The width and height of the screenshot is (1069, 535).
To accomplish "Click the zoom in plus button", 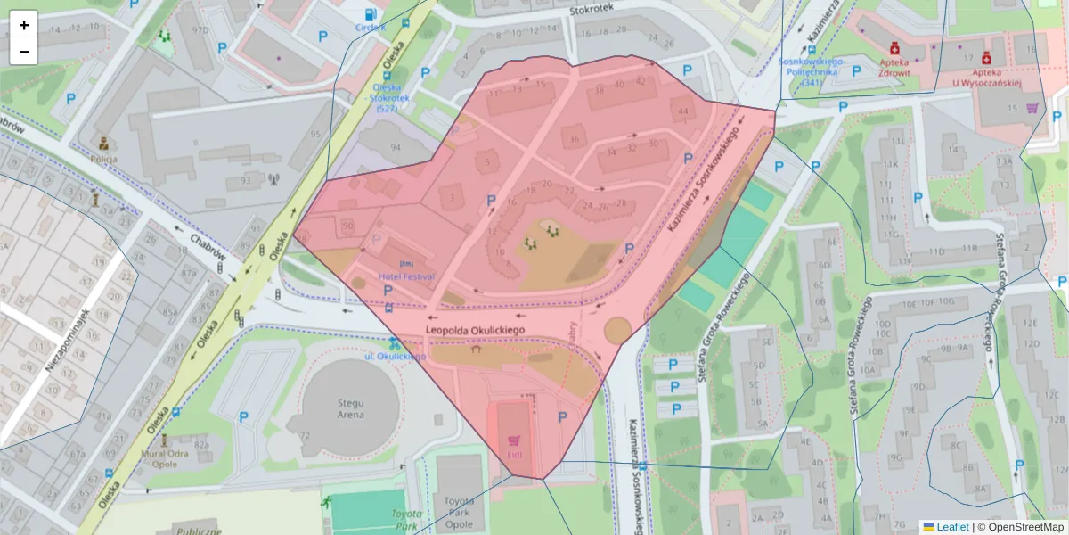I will coord(24,25).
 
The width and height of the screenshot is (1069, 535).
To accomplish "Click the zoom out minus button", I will coord(24,52).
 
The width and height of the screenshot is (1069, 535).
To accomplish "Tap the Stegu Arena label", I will coord(350,408).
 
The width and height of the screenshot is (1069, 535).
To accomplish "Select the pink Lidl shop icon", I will coord(513,440).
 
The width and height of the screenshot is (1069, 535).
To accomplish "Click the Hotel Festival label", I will coord(406,276).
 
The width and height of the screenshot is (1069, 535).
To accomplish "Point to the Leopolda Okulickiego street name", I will coord(476,330).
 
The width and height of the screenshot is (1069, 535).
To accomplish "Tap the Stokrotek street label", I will coord(592,11).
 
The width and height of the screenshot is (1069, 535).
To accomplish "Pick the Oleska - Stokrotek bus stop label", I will coord(387,98).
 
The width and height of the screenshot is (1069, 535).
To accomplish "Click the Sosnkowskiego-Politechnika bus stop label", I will coord(811,72).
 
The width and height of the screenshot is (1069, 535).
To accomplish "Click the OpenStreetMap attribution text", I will coord(1020,527).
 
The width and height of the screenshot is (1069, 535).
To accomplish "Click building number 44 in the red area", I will coord(683,111).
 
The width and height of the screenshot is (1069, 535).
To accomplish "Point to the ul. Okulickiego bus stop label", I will coord(396,356).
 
